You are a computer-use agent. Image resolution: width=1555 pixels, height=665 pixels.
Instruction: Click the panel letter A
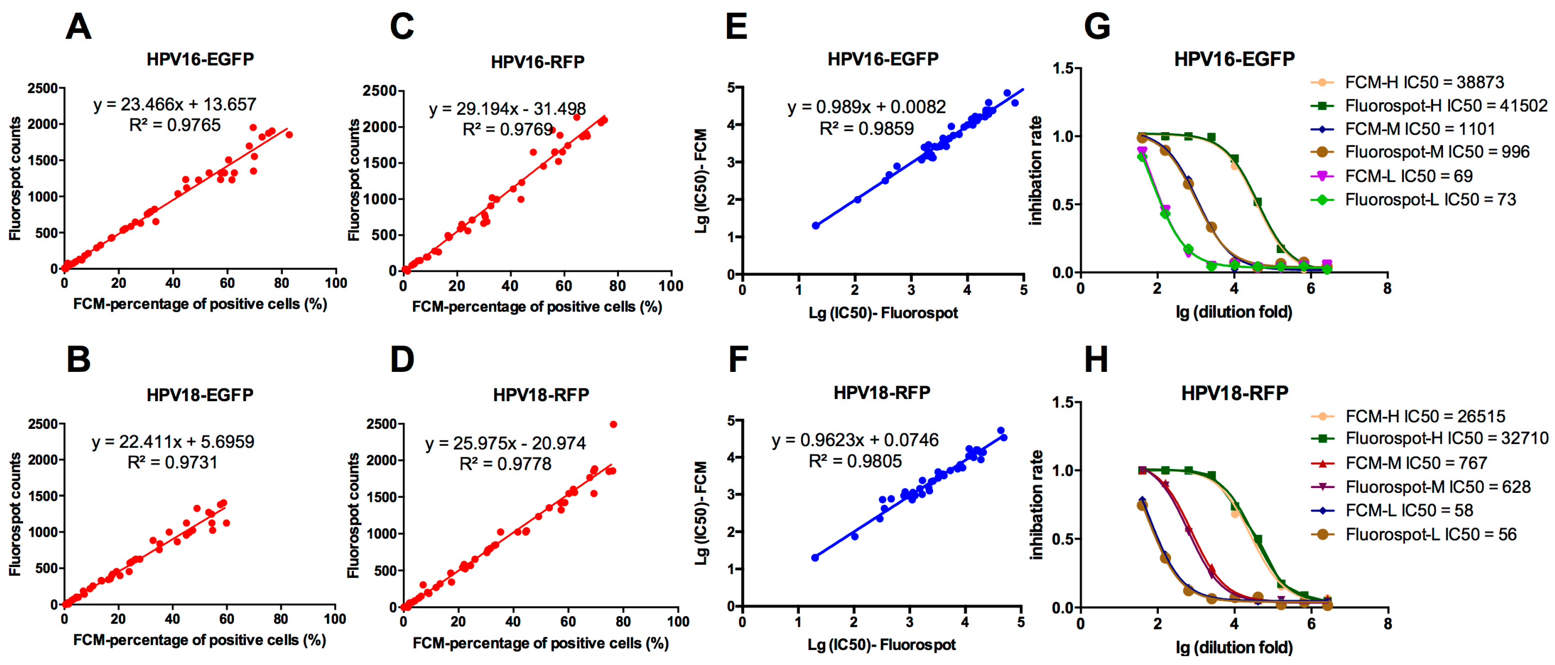78,27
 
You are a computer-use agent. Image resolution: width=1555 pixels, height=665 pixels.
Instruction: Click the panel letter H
1096,359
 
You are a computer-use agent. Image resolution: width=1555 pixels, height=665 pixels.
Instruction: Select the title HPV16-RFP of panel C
537,62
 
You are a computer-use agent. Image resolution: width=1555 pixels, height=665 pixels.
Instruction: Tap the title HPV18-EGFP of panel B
200,395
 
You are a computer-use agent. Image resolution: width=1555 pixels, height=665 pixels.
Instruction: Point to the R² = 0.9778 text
505,464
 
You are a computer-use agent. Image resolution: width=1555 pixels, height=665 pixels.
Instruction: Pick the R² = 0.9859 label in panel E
866,129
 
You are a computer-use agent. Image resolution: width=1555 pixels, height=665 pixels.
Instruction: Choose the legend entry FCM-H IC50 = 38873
1424,82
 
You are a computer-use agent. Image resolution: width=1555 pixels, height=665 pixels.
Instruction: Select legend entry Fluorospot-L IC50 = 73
1430,199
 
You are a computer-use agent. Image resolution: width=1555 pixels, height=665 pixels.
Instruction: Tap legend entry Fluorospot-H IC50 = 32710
1447,439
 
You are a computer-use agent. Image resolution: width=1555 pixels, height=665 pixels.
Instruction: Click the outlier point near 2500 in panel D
613,425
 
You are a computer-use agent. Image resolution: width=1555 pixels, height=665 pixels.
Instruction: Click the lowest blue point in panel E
816,225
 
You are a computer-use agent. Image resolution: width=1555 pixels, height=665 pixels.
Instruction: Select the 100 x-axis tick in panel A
336,283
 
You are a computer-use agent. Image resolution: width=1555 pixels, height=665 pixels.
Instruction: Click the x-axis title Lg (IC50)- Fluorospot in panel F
881,645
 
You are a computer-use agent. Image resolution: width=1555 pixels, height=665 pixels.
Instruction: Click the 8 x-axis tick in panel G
1387,289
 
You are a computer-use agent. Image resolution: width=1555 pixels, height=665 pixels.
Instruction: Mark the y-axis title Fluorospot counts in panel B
15,514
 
